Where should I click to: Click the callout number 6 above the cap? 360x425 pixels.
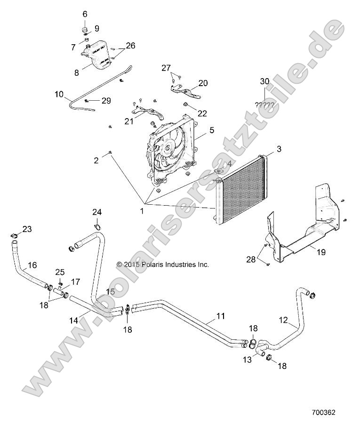tap(85, 14)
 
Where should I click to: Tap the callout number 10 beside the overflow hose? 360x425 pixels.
tap(59, 94)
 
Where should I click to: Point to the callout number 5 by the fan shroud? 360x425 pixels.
tap(212, 129)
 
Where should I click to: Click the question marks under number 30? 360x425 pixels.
tap(264, 104)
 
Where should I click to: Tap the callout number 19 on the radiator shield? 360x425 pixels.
tap(321, 252)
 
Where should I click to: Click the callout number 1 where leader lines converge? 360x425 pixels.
tap(142, 212)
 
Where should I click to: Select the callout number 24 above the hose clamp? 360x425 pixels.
tap(96, 212)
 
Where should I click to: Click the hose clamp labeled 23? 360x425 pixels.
tap(14, 234)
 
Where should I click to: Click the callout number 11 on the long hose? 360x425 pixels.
tap(220, 316)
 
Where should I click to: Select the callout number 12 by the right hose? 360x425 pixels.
tap(283, 320)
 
